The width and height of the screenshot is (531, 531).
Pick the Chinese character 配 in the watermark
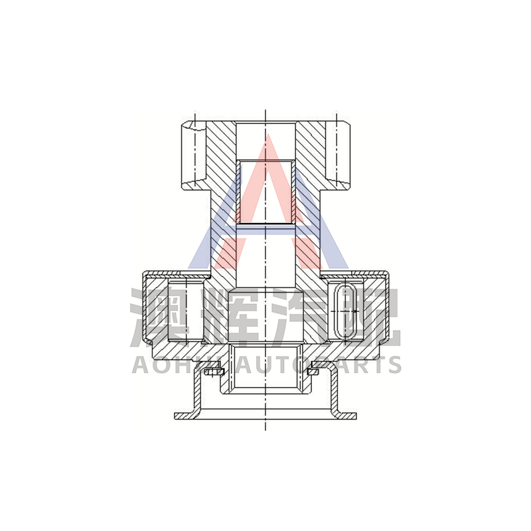tap(372, 317)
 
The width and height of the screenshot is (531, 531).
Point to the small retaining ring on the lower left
tap(213, 373)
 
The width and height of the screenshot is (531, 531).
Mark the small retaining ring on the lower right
tap(315, 372)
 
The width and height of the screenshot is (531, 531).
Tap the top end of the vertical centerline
tap(265, 110)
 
